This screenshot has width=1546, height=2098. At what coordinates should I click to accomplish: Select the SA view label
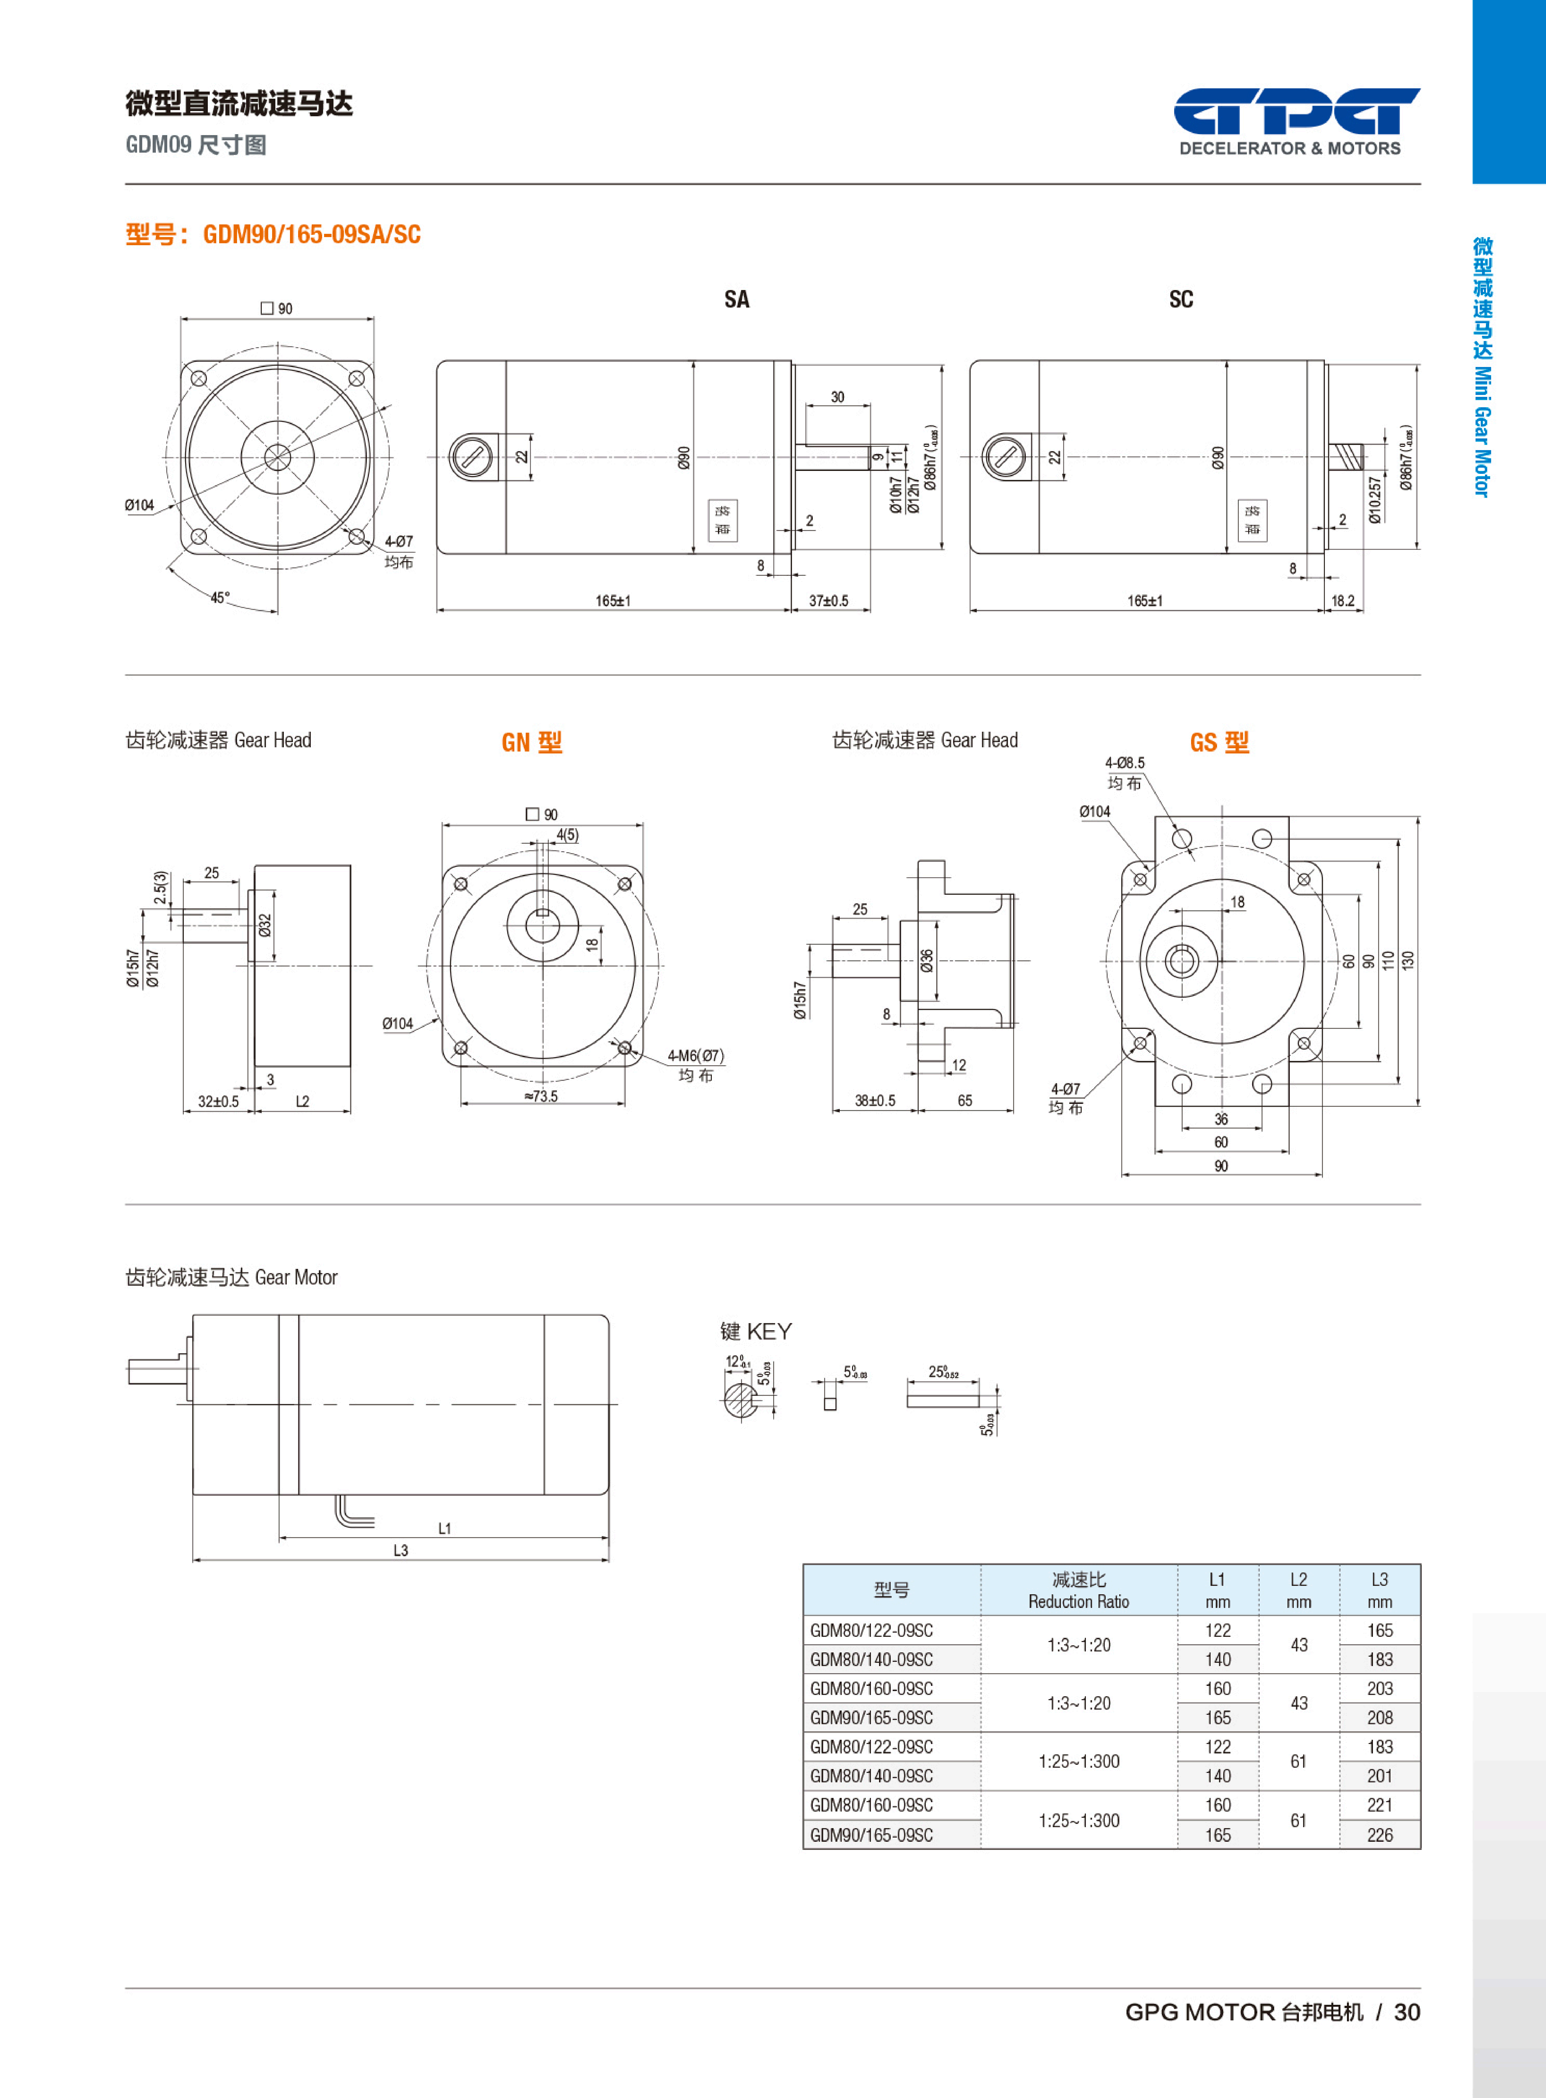click(x=736, y=299)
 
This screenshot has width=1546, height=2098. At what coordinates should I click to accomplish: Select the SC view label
click(x=1181, y=299)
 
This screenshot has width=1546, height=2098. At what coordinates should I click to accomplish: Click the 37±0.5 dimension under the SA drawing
click(x=828, y=601)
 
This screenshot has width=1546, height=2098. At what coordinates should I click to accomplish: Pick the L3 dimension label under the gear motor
click(x=400, y=1550)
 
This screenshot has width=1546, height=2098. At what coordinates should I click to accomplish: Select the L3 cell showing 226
click(x=1379, y=1835)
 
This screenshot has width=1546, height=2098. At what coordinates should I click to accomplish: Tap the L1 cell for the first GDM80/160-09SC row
click(x=1217, y=1688)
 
